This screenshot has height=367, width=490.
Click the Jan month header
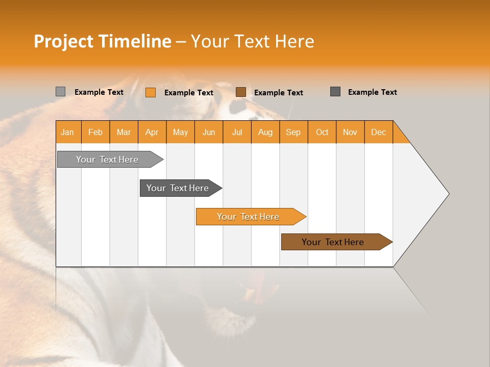(68, 132)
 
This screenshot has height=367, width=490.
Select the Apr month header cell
(152, 132)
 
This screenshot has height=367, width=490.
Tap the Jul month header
(237, 132)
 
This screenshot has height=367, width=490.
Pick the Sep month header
(293, 132)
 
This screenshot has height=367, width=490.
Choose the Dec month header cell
(378, 132)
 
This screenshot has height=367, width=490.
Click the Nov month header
(350, 132)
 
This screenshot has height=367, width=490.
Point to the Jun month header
(209, 132)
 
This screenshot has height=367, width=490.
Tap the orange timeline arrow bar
(249, 217)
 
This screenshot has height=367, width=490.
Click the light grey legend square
(61, 92)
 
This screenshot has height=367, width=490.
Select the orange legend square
(151, 92)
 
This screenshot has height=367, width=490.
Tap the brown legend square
(241, 92)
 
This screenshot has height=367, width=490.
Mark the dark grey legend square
(335, 92)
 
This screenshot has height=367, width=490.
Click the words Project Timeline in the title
(102, 41)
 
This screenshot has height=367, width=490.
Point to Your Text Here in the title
(253, 41)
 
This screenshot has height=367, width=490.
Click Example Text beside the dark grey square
(372, 92)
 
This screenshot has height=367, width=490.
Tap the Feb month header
(95, 132)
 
